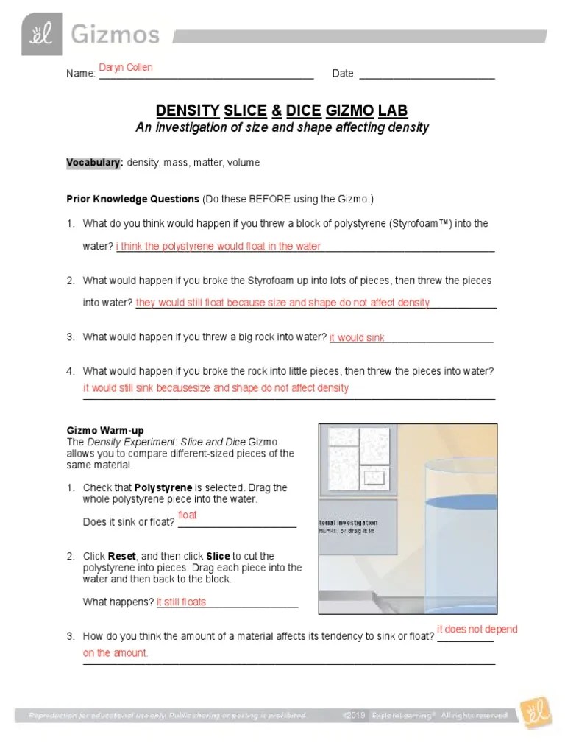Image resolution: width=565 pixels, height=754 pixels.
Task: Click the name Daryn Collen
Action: click(126, 68)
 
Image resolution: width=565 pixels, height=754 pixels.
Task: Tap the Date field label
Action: click(344, 74)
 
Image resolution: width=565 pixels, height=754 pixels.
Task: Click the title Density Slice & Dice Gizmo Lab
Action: click(282, 111)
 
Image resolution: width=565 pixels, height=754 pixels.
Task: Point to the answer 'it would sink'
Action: click(357, 338)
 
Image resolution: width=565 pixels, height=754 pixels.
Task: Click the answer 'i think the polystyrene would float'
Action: click(218, 247)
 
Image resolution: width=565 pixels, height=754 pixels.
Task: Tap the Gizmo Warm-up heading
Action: click(105, 430)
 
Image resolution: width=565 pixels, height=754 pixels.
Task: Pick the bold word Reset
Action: click(121, 556)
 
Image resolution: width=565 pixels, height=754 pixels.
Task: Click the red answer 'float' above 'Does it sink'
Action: click(188, 515)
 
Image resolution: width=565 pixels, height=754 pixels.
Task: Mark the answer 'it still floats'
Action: click(181, 602)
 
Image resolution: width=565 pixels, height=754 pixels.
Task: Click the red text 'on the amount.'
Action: click(116, 653)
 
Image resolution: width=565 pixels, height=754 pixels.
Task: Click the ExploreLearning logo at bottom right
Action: click(531, 715)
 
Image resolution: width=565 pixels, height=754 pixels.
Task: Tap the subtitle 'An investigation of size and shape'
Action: click(282, 127)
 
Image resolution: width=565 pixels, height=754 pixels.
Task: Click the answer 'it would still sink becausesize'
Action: click(216, 387)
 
